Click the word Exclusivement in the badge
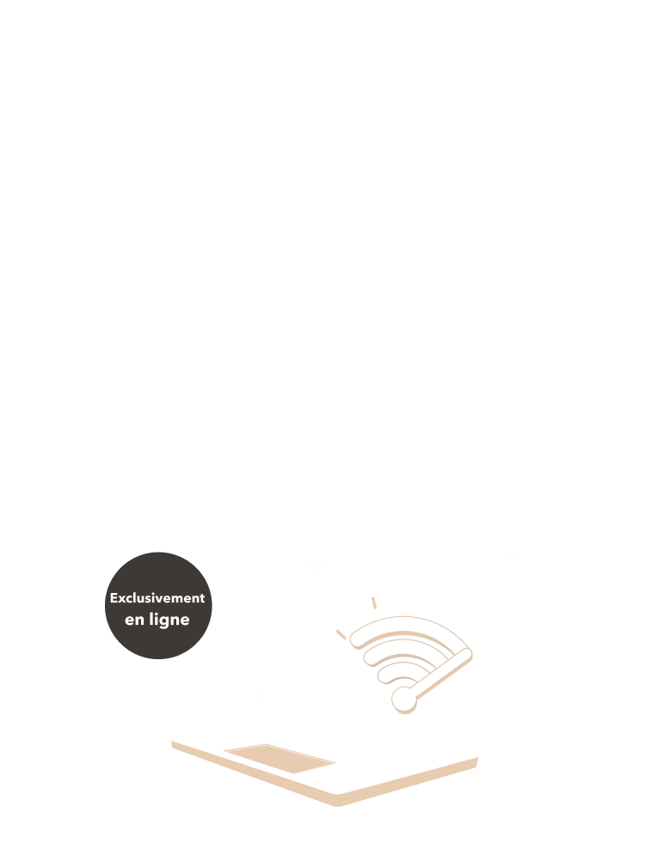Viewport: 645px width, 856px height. point(157,598)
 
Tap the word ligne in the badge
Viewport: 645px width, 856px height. point(169,621)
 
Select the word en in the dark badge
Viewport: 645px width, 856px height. point(134,621)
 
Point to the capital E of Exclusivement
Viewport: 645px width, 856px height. point(114,598)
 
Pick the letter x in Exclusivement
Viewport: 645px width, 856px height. point(123,599)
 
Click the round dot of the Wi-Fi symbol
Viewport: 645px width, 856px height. point(403,699)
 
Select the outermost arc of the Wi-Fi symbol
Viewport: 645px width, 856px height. point(407,622)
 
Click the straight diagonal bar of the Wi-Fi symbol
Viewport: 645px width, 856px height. point(441,673)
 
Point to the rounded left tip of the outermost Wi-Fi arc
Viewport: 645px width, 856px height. point(355,639)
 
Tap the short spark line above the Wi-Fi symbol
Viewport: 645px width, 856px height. point(374,603)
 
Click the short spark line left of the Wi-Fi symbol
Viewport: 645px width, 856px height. point(341,634)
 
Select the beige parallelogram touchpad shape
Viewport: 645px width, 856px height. point(279,758)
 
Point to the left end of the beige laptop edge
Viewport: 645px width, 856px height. point(173,744)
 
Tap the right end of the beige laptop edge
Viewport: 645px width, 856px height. point(476,761)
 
